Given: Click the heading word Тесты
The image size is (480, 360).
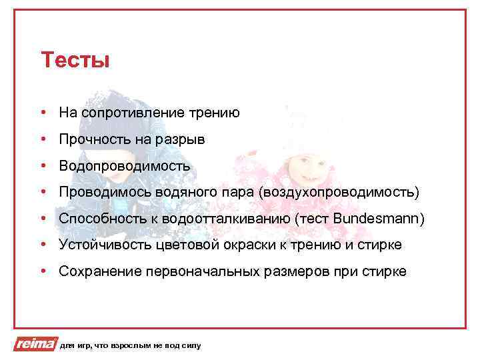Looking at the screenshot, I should tap(75, 61).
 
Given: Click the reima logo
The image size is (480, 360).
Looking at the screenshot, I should tap(35, 345).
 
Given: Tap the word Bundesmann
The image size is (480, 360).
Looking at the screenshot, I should tap(377, 219).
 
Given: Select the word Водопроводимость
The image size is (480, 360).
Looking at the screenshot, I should tap(125, 166).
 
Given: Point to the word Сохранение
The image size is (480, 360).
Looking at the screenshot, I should tap(97, 271).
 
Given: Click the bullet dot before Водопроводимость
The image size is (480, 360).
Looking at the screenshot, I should tap(43, 166).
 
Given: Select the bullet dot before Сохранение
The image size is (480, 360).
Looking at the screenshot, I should tap(43, 271).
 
